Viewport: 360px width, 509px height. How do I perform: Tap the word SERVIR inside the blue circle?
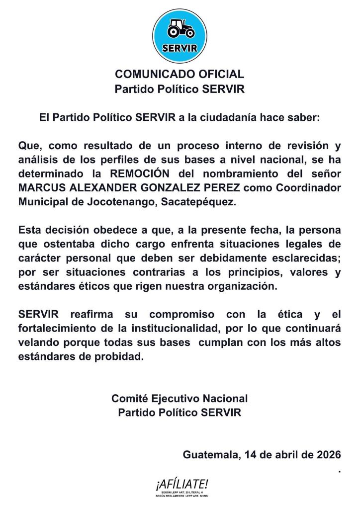click(180, 48)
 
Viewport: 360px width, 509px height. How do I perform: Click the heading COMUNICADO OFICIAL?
click(180, 75)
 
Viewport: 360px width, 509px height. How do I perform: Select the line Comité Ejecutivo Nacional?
click(180, 398)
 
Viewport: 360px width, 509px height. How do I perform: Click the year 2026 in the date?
click(327, 454)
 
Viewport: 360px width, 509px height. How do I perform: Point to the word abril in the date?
click(283, 454)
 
